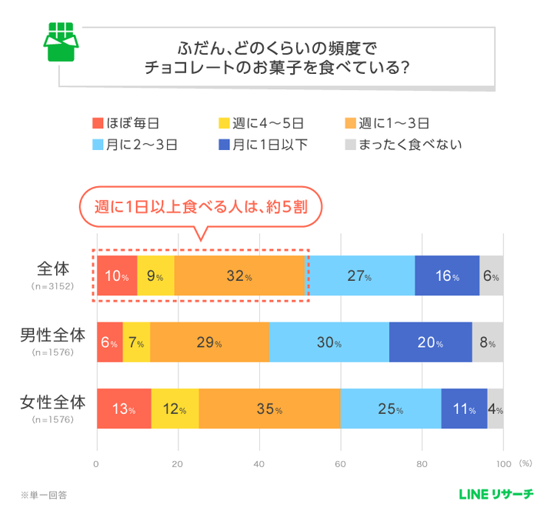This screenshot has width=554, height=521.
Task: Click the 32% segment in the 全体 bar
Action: [x=240, y=276]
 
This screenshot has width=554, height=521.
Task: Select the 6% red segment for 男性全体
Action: [x=109, y=342]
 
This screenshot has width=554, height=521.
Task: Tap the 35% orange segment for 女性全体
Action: [x=269, y=409]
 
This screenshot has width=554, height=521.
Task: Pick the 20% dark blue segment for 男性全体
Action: [x=430, y=342]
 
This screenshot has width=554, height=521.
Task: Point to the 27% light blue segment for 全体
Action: [x=361, y=276]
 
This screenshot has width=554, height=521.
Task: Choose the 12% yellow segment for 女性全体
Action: [x=175, y=409]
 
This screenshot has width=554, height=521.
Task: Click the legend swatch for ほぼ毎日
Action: [x=98, y=122]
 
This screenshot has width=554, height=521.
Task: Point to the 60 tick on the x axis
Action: [x=340, y=464]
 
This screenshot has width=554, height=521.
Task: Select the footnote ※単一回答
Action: [x=44, y=494]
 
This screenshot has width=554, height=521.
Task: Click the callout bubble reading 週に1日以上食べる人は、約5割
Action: [x=199, y=207]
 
